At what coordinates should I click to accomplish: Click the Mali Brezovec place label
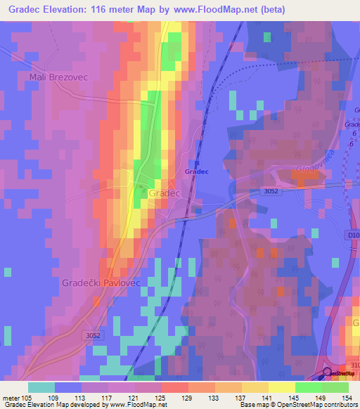[x=58, y=77]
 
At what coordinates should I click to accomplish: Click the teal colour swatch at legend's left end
[x=41, y=387]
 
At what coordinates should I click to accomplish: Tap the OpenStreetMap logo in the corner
[x=340, y=373]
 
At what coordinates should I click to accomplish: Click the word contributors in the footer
[x=338, y=405]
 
